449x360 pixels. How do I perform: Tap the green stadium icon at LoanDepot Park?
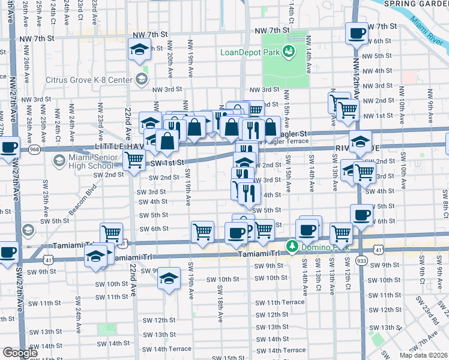point(288,52)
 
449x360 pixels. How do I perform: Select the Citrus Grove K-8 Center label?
point(90,80)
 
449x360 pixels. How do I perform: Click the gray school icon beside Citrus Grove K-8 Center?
point(141,79)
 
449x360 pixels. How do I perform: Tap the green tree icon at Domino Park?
point(292,247)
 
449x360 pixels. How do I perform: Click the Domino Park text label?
point(316,248)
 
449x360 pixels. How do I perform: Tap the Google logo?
point(20,353)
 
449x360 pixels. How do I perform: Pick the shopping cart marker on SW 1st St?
point(134,160)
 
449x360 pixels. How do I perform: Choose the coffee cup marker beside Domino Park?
point(307,229)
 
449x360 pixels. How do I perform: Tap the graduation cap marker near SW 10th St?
point(170,279)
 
